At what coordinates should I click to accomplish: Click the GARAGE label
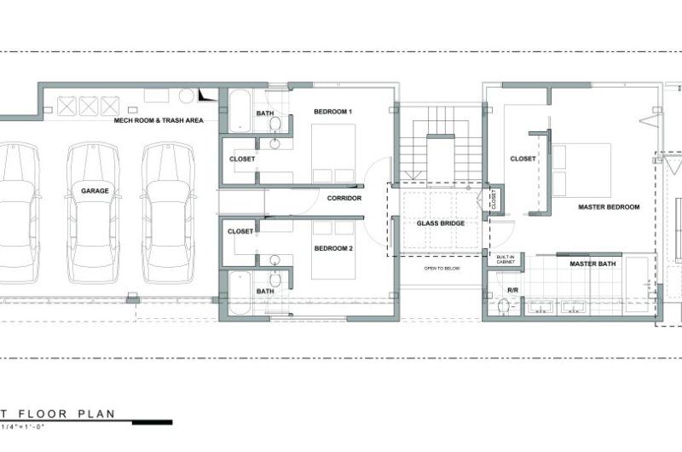95,190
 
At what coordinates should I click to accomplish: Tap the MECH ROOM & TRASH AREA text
159,120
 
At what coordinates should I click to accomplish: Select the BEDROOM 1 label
333,112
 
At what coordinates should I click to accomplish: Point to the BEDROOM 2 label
333,248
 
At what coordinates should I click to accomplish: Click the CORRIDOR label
344,198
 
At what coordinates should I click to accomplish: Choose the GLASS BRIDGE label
441,223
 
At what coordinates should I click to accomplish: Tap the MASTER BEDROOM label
609,207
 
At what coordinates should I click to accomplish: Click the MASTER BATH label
592,264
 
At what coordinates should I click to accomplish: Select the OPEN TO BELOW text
442,269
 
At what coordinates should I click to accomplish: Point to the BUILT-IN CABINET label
506,259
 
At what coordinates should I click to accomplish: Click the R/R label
513,290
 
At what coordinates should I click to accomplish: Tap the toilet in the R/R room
504,306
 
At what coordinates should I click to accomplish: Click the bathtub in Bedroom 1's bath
240,111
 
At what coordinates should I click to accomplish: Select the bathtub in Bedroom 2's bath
240,293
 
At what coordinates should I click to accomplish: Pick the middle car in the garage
94,212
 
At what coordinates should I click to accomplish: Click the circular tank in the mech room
186,96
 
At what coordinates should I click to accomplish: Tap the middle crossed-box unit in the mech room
89,106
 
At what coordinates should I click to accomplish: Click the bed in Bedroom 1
333,154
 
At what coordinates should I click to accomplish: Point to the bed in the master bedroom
581,170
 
